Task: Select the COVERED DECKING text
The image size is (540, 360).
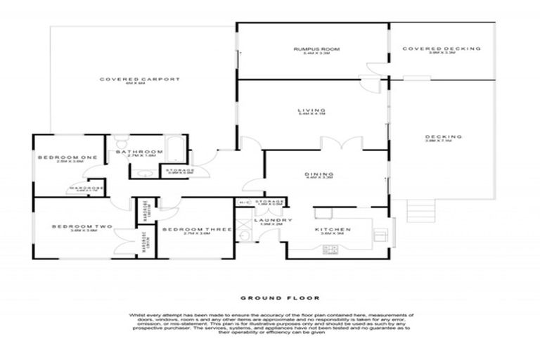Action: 441,49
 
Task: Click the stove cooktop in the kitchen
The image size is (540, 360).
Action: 330,249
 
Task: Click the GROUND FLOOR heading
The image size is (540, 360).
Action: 269,297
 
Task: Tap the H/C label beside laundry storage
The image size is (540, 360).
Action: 244,203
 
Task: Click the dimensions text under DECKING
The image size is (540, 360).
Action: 443,141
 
